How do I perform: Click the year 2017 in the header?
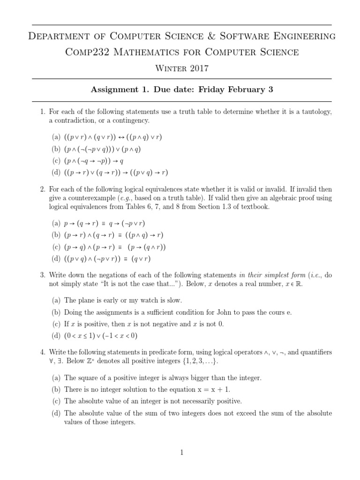pyautogui.click(x=198, y=69)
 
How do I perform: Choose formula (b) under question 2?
pyautogui.click(x=114, y=235)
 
